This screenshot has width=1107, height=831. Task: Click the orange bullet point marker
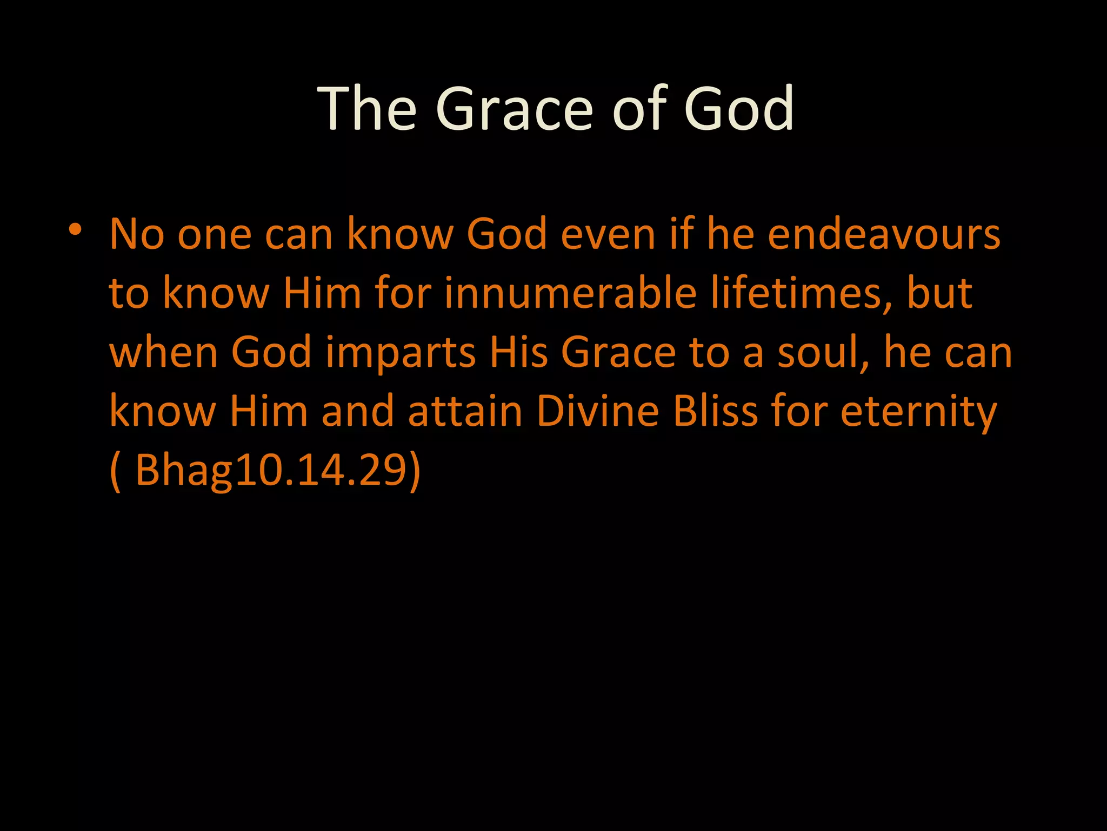(75, 229)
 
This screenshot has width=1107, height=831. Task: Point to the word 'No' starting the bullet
(136, 235)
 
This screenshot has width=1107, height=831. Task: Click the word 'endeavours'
(884, 235)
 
